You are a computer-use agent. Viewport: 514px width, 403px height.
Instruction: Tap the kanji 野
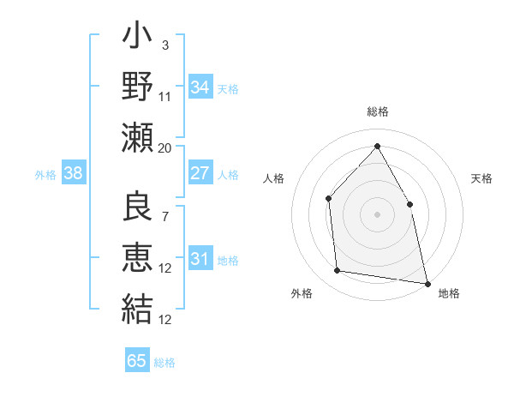138,87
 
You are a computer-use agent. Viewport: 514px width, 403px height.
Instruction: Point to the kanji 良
138,207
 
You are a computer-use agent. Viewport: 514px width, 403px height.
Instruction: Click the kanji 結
138,307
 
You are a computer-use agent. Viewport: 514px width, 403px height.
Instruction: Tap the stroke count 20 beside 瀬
165,147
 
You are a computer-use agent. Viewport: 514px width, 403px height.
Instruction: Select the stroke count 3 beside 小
165,45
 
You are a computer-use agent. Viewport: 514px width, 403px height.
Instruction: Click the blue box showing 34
200,87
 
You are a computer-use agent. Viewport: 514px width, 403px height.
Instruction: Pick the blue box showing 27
200,173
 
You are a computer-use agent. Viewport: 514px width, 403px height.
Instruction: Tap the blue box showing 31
200,259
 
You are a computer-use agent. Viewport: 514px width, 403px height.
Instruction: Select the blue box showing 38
74,173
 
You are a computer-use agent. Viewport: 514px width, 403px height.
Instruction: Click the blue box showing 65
137,361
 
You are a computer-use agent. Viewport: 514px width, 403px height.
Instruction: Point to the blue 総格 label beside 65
164,362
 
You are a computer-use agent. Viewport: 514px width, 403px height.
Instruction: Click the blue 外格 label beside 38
45,174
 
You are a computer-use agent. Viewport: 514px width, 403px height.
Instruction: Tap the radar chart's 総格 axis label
378,111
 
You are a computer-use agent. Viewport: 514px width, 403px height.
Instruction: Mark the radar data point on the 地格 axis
427,283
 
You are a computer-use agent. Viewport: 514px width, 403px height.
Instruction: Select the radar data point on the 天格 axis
409,204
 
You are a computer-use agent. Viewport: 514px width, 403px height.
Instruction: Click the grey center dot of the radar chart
377,214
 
